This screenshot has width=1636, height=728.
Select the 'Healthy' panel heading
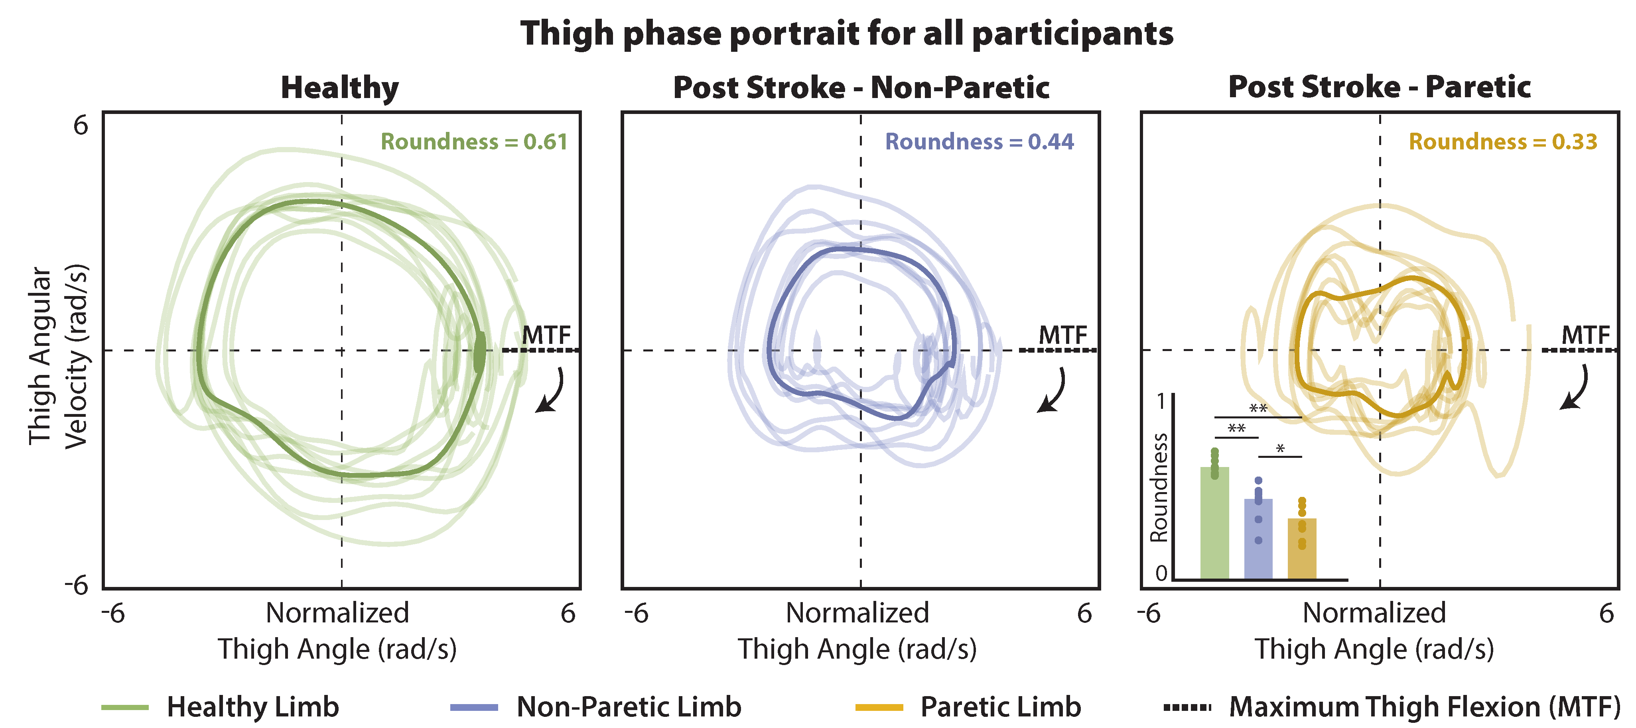tap(340, 88)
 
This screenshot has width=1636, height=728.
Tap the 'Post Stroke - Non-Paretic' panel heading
tap(861, 88)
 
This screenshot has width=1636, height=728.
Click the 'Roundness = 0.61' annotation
tap(474, 141)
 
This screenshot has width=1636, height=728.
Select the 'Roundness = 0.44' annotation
tap(979, 141)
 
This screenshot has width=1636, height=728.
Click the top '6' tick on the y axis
tap(81, 126)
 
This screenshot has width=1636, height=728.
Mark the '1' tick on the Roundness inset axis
tap(1161, 402)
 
